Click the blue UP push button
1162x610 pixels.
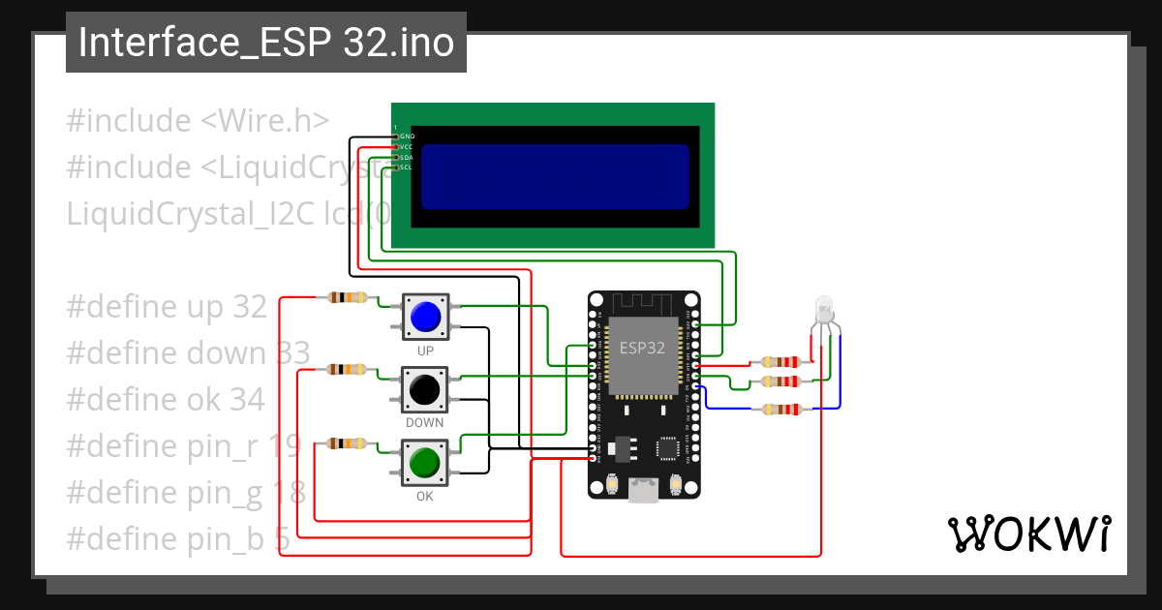(x=425, y=317)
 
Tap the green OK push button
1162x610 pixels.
(x=425, y=463)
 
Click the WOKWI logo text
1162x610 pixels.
(x=1028, y=534)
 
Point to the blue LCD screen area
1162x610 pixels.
(x=555, y=176)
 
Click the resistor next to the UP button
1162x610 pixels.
(x=347, y=297)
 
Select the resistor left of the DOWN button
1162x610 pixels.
(x=347, y=369)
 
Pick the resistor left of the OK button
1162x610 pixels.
(x=347, y=443)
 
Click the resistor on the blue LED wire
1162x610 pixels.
(x=781, y=409)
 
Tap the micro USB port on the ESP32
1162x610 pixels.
(x=642, y=491)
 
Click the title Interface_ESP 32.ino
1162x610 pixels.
(x=266, y=43)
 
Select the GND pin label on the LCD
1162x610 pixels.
(x=408, y=137)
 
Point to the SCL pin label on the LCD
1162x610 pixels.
(x=407, y=168)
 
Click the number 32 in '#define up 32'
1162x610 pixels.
(x=250, y=307)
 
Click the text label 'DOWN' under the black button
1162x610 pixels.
(x=425, y=423)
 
